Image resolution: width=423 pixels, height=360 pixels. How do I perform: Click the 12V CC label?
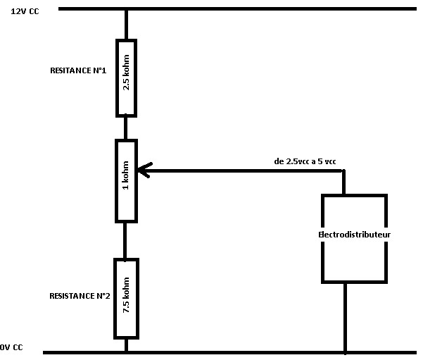point(25,13)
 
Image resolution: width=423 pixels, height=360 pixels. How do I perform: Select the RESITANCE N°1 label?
point(78,71)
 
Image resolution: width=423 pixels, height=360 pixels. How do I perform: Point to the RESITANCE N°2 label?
point(80,295)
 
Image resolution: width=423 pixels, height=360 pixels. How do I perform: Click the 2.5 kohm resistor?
point(126,77)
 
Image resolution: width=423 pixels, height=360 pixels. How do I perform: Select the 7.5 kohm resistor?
point(126,298)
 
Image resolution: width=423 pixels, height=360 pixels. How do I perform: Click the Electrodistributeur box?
point(354,239)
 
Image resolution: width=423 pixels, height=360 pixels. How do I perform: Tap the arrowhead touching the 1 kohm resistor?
point(143,170)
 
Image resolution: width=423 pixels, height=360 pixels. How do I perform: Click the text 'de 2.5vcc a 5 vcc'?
point(305,161)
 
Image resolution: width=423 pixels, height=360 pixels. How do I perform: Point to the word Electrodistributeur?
point(355,233)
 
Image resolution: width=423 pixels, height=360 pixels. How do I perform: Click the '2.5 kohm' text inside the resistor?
point(126,77)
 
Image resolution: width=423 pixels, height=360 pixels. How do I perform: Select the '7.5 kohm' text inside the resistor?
point(126,298)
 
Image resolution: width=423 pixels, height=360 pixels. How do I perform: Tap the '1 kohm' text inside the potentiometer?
point(126,180)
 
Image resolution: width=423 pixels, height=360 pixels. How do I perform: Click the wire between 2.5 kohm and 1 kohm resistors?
point(126,128)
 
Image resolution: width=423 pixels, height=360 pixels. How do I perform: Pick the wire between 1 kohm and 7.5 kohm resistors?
point(126,240)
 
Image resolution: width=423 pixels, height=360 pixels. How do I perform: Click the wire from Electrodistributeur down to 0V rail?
point(345,317)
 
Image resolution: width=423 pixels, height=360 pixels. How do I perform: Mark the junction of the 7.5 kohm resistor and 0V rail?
point(126,351)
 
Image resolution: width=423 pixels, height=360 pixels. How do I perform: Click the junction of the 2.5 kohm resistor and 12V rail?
point(126,10)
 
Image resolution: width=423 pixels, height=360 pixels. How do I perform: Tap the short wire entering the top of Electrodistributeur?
point(344,183)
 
